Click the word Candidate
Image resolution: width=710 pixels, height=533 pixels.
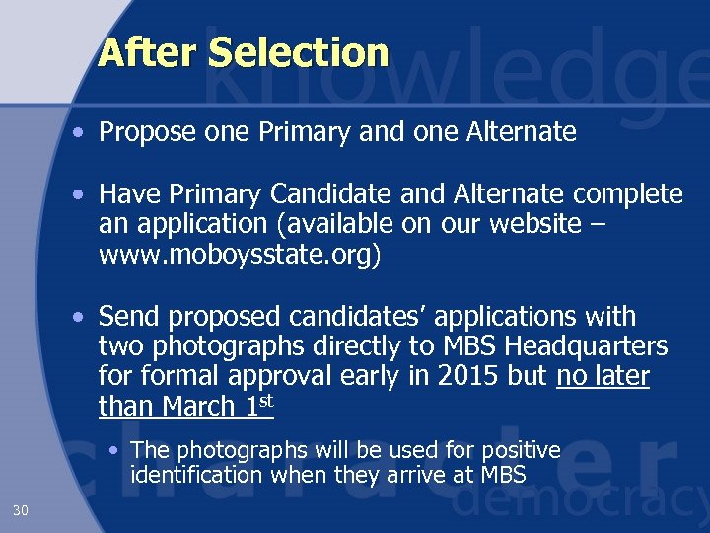click(x=325, y=193)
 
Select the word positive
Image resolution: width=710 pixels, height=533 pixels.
click(x=513, y=450)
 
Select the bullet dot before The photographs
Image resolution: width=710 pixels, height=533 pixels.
click(x=116, y=450)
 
